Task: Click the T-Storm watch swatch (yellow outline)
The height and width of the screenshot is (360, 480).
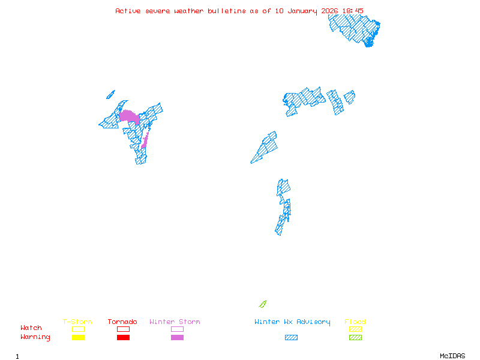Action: [78, 329]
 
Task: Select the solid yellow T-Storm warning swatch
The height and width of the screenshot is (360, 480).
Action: [78, 338]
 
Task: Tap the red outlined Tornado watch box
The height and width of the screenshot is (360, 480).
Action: [123, 329]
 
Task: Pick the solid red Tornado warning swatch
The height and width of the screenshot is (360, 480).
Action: [123, 338]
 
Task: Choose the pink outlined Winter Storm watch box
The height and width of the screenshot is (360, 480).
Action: [177, 329]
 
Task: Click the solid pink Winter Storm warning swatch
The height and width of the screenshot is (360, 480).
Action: [177, 338]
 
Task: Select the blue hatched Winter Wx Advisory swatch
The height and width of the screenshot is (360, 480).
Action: [291, 338]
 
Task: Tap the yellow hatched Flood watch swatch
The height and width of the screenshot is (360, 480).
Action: [355, 329]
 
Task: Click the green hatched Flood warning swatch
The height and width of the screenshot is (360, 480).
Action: [355, 338]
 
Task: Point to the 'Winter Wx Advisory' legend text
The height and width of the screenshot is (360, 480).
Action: [292, 322]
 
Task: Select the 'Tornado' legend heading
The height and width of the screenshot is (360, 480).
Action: [122, 322]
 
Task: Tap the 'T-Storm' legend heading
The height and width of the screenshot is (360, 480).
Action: [77, 322]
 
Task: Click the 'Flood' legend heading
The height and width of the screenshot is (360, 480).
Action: [355, 322]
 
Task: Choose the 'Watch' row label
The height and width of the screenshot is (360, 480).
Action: [31, 328]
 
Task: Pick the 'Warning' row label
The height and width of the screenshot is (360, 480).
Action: [35, 337]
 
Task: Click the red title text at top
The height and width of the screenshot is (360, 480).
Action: [239, 11]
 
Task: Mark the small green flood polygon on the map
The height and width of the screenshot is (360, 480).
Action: [262, 304]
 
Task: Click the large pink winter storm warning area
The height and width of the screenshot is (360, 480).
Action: [130, 116]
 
